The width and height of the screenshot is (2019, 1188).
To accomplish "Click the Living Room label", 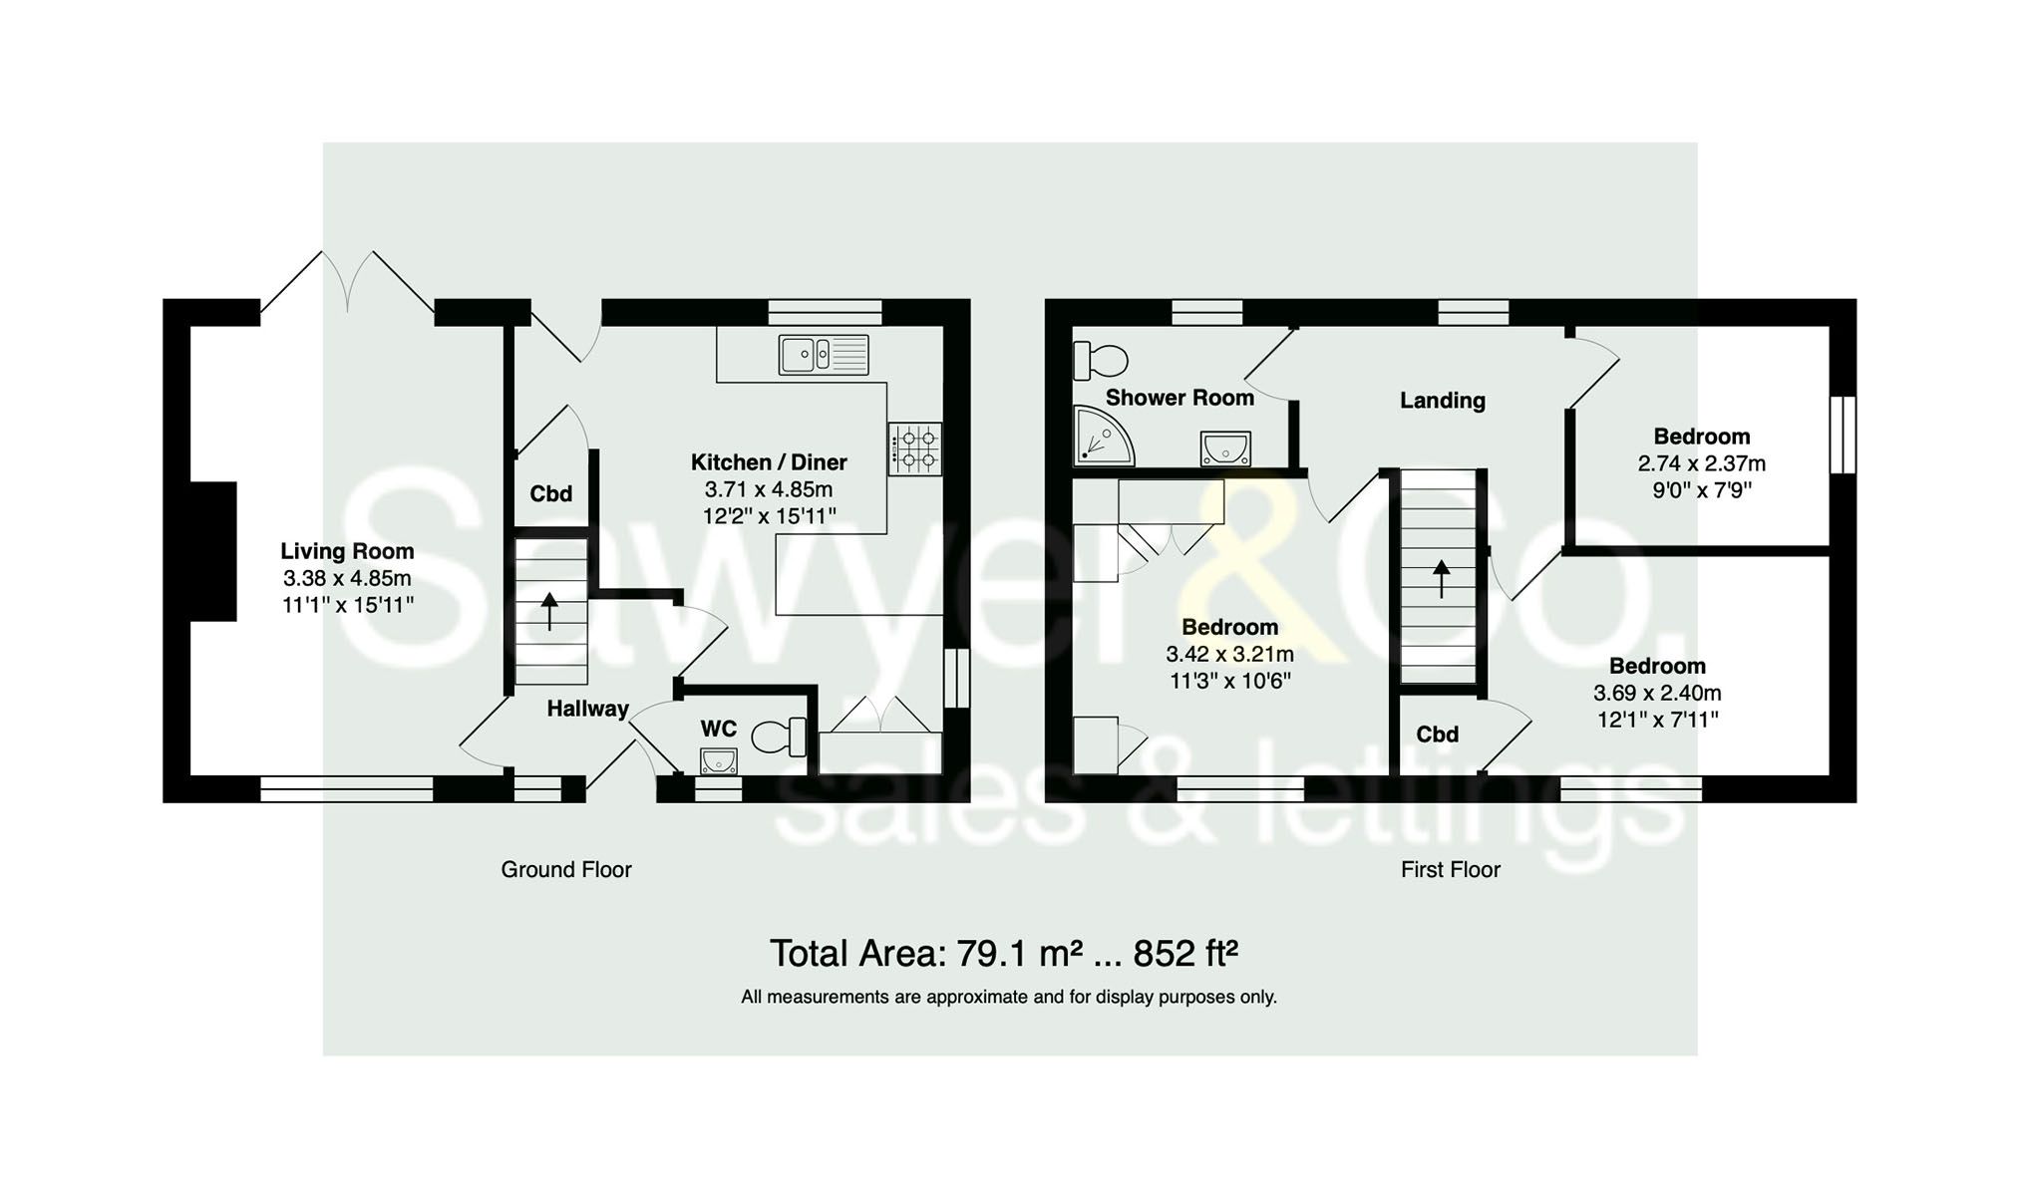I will click(346, 551).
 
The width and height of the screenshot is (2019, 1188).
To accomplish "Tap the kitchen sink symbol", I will click(823, 355).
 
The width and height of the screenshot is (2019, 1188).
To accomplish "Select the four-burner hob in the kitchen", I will click(915, 448).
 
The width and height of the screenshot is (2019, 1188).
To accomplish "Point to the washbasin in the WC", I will click(718, 761).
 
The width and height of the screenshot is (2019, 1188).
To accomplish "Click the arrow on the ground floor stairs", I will click(549, 611).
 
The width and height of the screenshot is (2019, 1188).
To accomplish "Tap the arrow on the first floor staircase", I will click(1441, 578).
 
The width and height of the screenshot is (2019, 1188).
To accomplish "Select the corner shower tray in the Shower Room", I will click(1101, 438).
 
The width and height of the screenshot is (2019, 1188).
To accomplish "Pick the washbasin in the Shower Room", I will click(1225, 448).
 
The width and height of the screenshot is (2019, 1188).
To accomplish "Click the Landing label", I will click(1442, 401).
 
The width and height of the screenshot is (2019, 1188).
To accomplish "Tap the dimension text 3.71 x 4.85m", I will click(768, 489).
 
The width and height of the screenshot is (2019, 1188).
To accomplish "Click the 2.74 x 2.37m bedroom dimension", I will click(1701, 463).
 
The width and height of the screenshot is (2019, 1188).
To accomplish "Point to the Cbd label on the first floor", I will click(1437, 735).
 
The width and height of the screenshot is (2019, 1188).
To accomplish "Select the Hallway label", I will click(587, 709).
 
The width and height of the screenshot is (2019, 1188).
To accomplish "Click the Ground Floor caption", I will click(565, 870).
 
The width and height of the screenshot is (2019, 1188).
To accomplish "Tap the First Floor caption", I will click(1450, 870).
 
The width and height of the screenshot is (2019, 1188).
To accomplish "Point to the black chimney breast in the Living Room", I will click(213, 551).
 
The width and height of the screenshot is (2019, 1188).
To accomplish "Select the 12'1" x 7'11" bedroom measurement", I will click(1657, 720).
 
